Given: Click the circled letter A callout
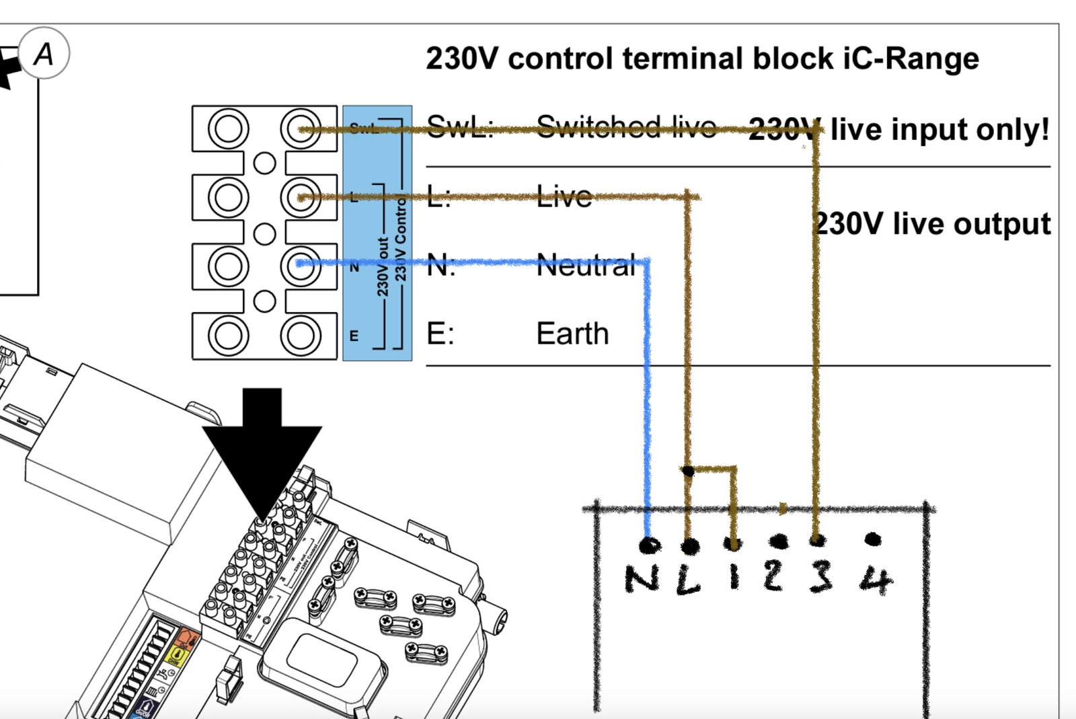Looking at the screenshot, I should point(44,53).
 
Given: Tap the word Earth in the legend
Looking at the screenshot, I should point(572,334).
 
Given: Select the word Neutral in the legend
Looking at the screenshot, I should point(586,266).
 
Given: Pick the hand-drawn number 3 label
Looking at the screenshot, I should point(820,577).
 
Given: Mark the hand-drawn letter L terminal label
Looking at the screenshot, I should point(687,580).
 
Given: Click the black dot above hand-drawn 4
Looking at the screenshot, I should point(873,539).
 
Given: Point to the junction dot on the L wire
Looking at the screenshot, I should point(687,470).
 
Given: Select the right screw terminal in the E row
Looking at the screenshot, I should point(300,335).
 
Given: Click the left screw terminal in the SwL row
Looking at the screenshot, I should point(228,128).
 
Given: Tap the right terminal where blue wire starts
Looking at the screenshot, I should point(300,265).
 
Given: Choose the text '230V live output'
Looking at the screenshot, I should point(932,224).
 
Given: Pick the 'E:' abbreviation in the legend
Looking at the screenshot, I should point(440,334).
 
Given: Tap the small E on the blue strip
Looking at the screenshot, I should point(354,336).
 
